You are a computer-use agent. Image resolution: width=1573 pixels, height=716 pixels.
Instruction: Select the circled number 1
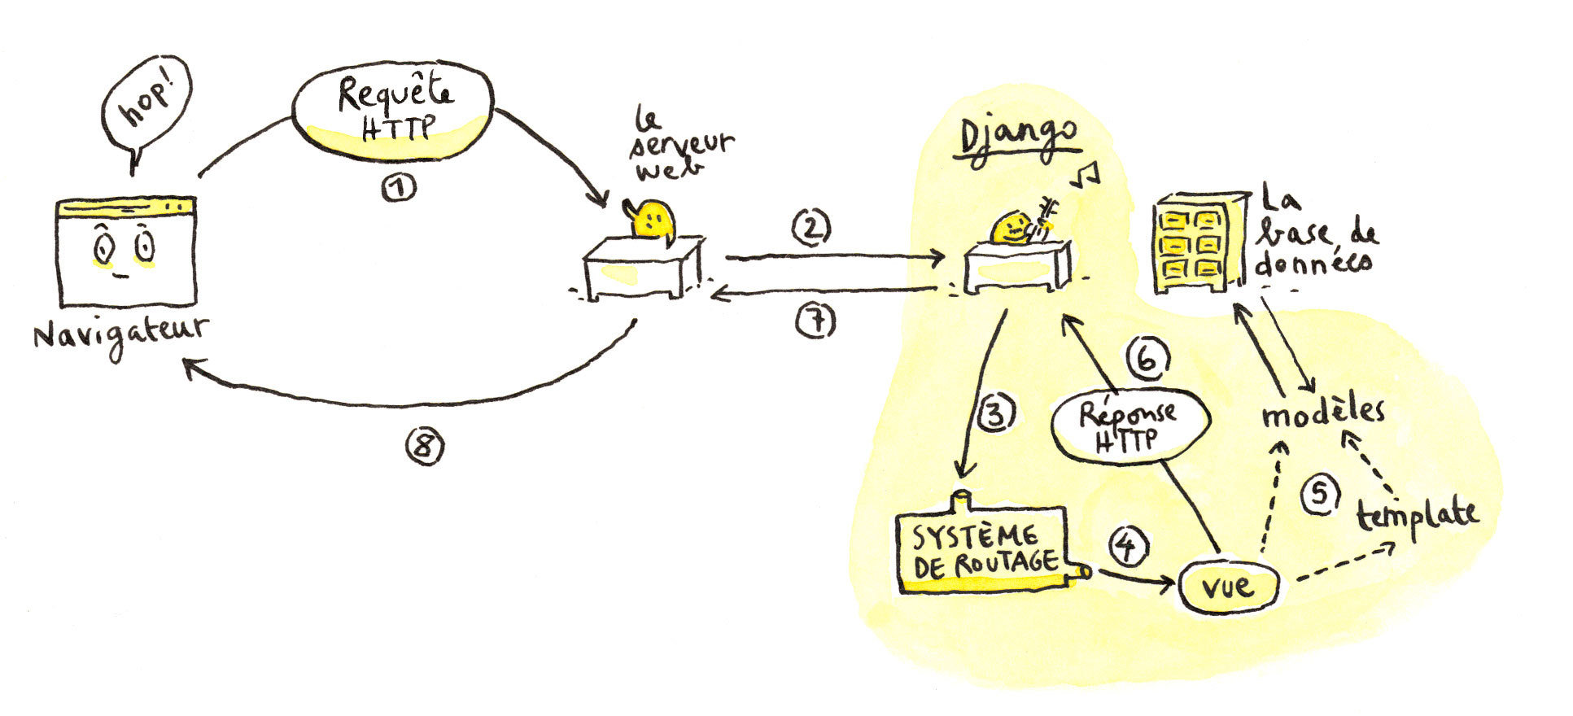click(x=398, y=188)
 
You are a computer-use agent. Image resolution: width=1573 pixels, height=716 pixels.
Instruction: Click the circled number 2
click(x=811, y=228)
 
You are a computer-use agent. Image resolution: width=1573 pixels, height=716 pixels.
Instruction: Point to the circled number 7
click(x=815, y=321)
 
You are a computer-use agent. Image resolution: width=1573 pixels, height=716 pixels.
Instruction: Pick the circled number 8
click(x=425, y=447)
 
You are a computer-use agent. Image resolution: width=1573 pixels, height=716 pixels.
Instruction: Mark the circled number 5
click(x=1320, y=495)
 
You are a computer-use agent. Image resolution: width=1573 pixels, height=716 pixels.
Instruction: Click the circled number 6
click(x=1147, y=359)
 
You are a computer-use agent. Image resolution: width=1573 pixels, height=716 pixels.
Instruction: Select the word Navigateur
click(x=120, y=333)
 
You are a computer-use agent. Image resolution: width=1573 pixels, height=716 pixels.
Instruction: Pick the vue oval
click(x=1227, y=587)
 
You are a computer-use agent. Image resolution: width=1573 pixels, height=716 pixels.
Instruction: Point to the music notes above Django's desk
click(x=1083, y=175)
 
